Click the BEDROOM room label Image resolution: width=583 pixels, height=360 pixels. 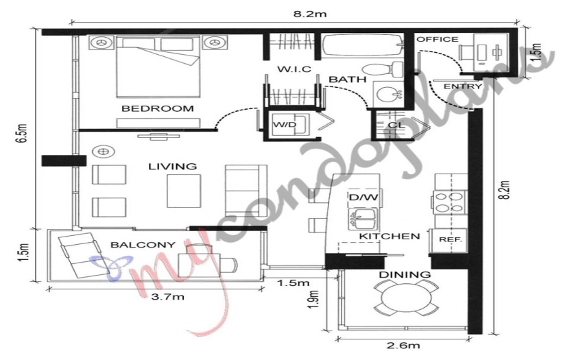pyautogui.click(x=158, y=108)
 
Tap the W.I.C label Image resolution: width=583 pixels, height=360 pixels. pyautogui.click(x=294, y=69)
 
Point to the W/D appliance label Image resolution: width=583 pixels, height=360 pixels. pyautogui.click(x=285, y=124)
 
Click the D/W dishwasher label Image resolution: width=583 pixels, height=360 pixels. pyautogui.click(x=364, y=197)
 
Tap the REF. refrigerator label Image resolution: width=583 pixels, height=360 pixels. pyautogui.click(x=450, y=240)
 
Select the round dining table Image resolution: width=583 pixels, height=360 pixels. pyautogui.click(x=405, y=298)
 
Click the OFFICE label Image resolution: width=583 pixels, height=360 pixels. pyautogui.click(x=438, y=39)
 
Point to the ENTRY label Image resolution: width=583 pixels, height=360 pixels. pyautogui.click(x=462, y=86)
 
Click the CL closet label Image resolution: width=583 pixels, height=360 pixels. pyautogui.click(x=396, y=125)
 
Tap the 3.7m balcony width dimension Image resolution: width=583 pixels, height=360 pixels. pyautogui.click(x=167, y=297)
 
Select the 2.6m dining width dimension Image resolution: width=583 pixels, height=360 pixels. pyautogui.click(x=403, y=346)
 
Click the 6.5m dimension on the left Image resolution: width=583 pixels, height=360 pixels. pyautogui.click(x=23, y=133)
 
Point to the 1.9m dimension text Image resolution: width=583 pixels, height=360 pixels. pyautogui.click(x=314, y=300)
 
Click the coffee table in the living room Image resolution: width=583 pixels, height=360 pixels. pyautogui.click(x=184, y=191)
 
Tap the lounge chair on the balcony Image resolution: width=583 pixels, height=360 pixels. pyautogui.click(x=80, y=254)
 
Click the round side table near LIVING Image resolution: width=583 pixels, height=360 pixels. pyautogui.click(x=104, y=152)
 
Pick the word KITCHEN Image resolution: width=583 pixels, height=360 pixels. pyautogui.click(x=390, y=237)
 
